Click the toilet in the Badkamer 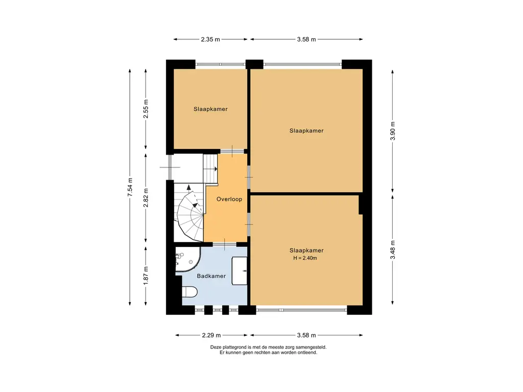pos(189,291)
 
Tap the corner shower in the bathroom pos(187,259)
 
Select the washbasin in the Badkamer pos(240,271)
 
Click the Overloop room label pos(229,200)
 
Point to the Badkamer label pos(211,276)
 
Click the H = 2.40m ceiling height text pos(305,258)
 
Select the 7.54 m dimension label pos(130,187)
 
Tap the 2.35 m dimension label pos(210,39)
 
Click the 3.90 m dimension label pos(393,131)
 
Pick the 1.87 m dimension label pos(146,276)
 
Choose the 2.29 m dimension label pos(211,335)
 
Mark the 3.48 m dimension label pos(393,250)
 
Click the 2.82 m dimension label pos(146,198)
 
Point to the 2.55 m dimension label pos(146,109)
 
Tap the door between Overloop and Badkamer pos(225,244)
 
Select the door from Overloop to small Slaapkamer pos(232,151)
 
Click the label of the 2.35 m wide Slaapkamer pos(210,109)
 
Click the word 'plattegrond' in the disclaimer pos(231,347)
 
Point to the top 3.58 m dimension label pos(306,39)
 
